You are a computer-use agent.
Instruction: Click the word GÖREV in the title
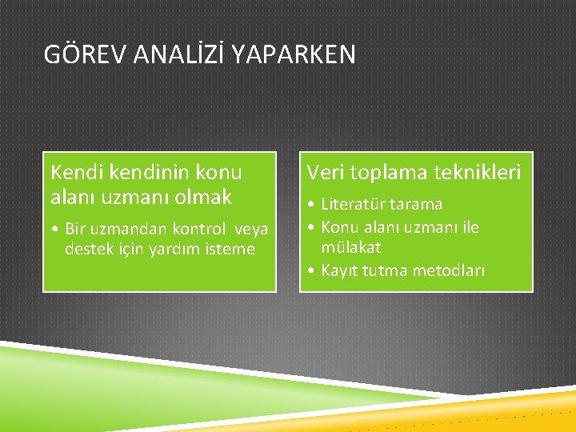[x=81, y=54]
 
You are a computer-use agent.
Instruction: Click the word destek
[x=88, y=250]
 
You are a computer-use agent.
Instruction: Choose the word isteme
[x=229, y=250]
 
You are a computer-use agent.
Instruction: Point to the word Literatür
[x=353, y=205]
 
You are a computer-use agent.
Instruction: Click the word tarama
[x=415, y=205]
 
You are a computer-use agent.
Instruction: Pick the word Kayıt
[x=339, y=270]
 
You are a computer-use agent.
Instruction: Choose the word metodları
[x=448, y=270]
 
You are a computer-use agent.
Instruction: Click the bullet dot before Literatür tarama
[x=310, y=206]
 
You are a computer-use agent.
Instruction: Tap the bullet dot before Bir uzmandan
[x=54, y=230]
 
